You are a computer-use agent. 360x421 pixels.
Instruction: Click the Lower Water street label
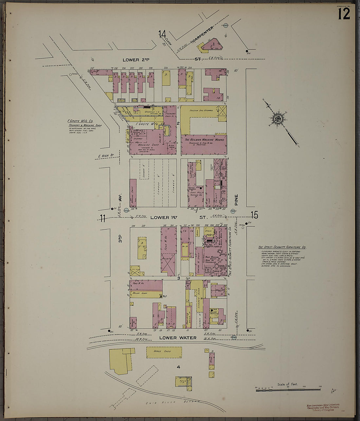point(178,337)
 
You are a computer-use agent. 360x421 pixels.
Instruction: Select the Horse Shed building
point(164,352)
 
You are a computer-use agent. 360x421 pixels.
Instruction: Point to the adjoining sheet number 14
point(162,34)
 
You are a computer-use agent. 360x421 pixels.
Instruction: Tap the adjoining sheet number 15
point(255,215)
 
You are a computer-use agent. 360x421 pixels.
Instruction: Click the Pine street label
point(236,200)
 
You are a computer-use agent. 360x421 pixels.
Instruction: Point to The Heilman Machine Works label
point(204,140)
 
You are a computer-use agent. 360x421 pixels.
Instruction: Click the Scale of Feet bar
point(288,389)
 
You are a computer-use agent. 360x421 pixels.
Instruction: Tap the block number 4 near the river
point(178,367)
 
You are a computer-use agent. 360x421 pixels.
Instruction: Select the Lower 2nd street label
point(136,60)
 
